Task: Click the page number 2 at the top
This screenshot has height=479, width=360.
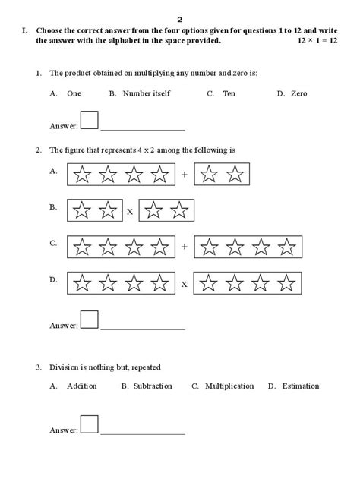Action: click(180, 17)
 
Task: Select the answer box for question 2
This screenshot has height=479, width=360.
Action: click(90, 320)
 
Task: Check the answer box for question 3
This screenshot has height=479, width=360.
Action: click(90, 424)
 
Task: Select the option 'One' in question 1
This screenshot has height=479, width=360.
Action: click(74, 93)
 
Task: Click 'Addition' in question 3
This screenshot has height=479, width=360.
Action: click(81, 386)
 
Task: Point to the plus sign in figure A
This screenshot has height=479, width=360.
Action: click(184, 175)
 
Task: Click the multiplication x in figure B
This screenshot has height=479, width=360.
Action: click(130, 212)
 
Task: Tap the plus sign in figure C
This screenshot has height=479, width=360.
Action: click(184, 247)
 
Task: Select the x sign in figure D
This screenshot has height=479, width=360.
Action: click(184, 284)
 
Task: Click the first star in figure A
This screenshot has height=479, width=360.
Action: click(83, 175)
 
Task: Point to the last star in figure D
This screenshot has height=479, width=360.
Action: click(286, 283)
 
